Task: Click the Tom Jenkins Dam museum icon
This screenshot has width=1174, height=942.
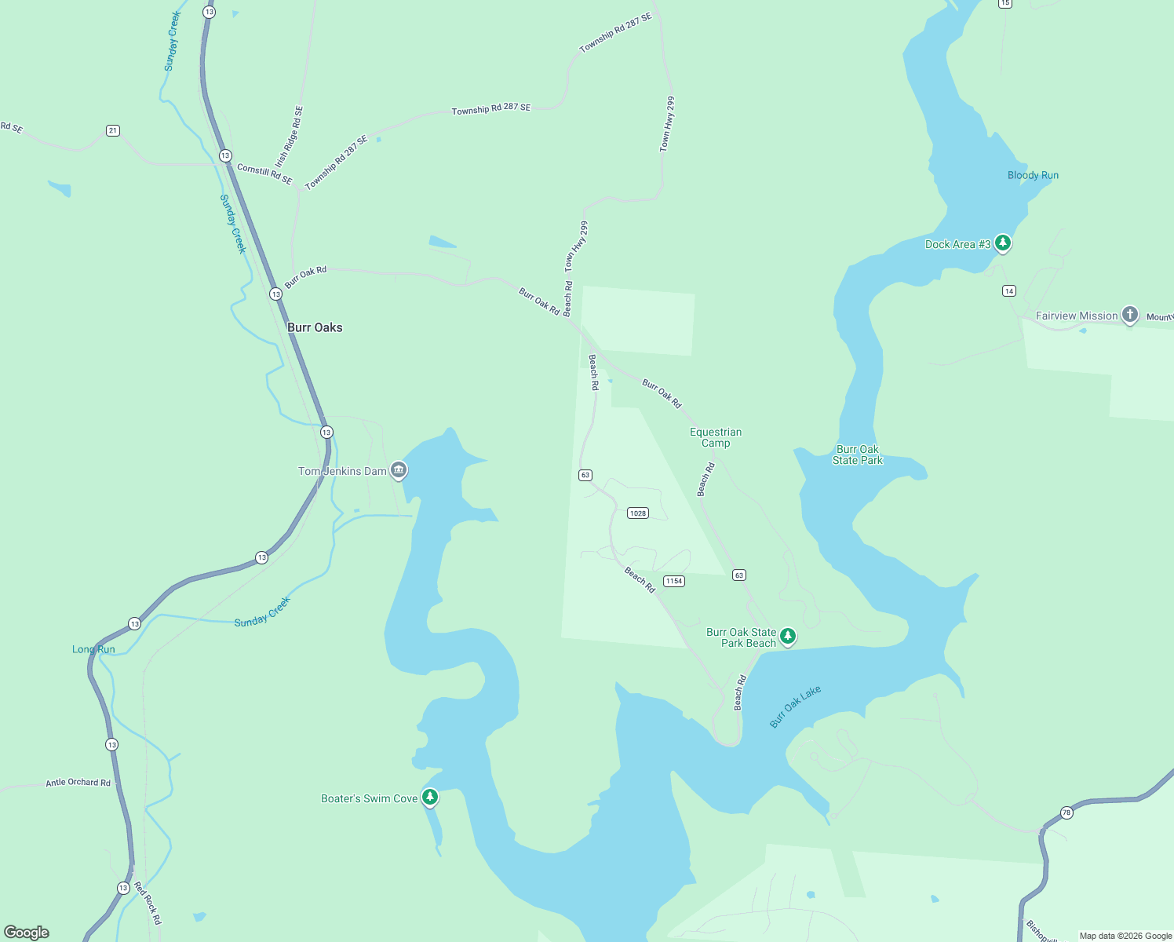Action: (x=399, y=470)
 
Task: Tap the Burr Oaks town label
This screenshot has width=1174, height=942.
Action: (x=315, y=327)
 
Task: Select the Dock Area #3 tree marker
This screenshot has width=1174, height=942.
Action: (x=1002, y=243)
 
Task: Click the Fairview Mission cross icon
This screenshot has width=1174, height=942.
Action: (x=1129, y=315)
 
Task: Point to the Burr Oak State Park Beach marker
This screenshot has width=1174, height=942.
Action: (x=788, y=636)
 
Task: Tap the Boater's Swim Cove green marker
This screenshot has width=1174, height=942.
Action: (x=429, y=798)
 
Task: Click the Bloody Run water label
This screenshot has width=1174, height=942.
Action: (x=1033, y=175)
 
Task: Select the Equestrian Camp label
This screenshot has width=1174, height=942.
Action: (x=715, y=437)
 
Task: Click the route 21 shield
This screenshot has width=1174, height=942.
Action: (x=113, y=130)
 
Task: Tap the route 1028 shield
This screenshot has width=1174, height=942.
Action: (x=637, y=513)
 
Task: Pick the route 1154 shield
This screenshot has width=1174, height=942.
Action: (x=673, y=581)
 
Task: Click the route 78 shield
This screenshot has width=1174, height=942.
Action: (x=1066, y=812)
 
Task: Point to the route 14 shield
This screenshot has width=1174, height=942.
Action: (x=1009, y=290)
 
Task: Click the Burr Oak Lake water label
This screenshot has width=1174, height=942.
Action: (x=795, y=706)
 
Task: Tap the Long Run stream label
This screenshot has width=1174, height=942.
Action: (x=93, y=649)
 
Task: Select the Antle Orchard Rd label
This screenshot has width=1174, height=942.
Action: (x=78, y=782)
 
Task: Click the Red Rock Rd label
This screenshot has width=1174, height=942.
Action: (x=148, y=903)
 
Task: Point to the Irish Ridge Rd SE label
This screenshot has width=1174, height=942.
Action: (x=289, y=137)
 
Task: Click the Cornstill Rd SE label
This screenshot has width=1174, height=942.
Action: (x=264, y=174)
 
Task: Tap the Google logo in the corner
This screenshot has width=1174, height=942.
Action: (x=27, y=932)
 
